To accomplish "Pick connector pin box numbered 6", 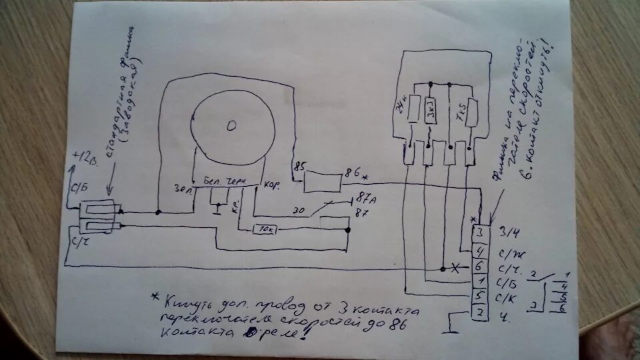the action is point(479,266).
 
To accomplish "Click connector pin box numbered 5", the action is point(479,295).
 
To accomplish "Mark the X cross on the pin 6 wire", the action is point(456,267).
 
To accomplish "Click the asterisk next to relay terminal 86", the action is point(365,178).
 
